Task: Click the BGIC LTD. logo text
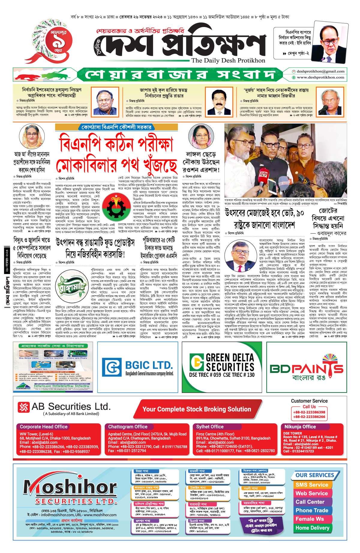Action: [148, 365]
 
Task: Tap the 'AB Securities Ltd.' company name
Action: [71, 407]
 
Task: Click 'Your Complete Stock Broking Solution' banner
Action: [196, 409]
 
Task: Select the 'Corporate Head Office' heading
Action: [43, 427]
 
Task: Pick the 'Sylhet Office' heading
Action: [210, 427]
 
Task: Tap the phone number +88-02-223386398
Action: [309, 412]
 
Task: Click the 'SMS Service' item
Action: [312, 485]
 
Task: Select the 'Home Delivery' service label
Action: [312, 528]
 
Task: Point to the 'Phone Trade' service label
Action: [312, 510]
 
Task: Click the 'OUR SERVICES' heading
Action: [315, 475]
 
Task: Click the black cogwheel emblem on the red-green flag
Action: [116, 207]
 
